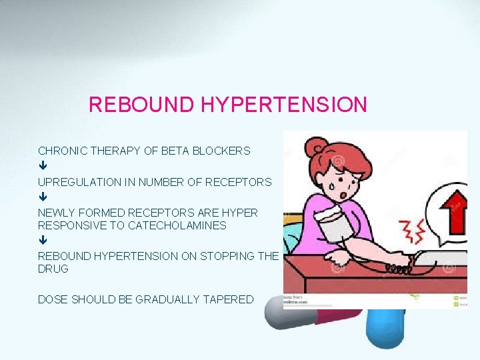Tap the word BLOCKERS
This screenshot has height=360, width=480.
[221, 151]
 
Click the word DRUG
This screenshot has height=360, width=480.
[53, 269]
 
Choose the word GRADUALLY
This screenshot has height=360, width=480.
[167, 299]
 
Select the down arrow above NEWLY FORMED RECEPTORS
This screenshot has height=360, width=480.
[42, 197]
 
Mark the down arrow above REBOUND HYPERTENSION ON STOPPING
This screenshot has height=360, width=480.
[42, 241]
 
